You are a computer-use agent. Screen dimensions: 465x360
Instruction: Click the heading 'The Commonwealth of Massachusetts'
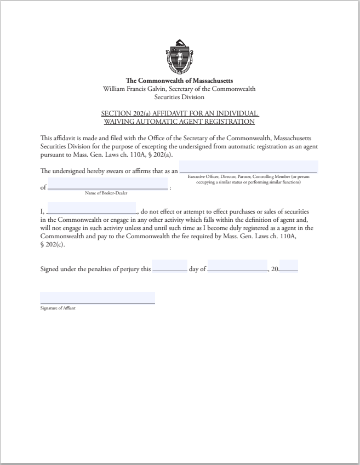[180, 81]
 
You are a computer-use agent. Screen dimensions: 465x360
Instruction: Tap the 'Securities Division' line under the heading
[180, 97]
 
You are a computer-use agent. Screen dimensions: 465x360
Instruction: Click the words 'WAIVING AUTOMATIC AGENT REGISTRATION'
[180, 121]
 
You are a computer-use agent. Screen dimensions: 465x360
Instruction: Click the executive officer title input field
[249, 167]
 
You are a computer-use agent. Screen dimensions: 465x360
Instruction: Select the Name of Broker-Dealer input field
[108, 183]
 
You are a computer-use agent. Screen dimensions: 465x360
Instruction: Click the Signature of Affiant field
[98, 297]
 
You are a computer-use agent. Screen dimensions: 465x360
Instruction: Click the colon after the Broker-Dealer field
[171, 188]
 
